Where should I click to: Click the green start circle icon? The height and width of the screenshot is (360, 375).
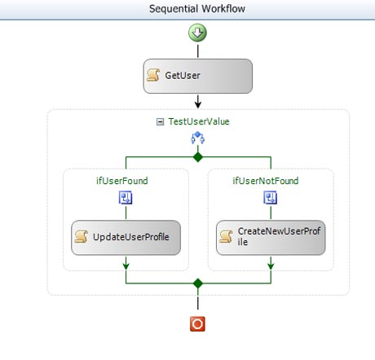[x=197, y=33]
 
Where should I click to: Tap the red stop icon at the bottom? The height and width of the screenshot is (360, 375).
[x=197, y=324]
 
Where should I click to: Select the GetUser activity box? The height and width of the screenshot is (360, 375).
[x=198, y=76]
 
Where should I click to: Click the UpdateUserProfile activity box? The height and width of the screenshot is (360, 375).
[x=126, y=238]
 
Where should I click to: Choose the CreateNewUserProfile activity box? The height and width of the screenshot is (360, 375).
[x=271, y=238]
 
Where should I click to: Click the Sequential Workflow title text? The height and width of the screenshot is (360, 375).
[x=197, y=9]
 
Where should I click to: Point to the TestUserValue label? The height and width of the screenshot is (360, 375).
[x=199, y=121]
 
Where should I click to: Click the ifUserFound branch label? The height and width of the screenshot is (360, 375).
[x=122, y=181]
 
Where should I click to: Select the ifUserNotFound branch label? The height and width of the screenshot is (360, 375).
[x=266, y=181]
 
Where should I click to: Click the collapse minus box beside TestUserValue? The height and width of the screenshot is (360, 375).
[x=161, y=122]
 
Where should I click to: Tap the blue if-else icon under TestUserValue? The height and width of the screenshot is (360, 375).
[x=197, y=138]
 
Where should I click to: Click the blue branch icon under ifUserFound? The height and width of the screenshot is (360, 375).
[x=126, y=197]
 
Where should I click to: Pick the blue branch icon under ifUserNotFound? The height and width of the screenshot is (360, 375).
[x=271, y=197]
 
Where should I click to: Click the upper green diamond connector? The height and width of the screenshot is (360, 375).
[x=198, y=157]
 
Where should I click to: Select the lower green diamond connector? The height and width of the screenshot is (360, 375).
[x=198, y=283]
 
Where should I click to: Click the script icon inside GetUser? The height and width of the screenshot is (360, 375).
[x=153, y=75]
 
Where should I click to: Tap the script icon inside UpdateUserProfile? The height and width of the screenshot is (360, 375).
[x=81, y=236]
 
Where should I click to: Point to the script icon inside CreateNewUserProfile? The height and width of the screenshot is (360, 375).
[x=226, y=236]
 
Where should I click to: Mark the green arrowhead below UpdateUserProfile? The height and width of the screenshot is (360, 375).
[x=126, y=266]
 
